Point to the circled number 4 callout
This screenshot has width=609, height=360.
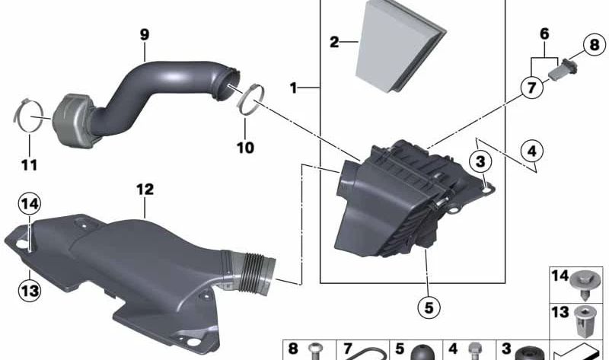(531, 151)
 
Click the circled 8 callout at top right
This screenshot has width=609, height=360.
(595, 45)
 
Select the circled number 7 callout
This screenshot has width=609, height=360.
(531, 88)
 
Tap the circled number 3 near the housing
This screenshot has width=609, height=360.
(480, 161)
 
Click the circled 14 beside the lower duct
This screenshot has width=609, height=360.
(30, 203)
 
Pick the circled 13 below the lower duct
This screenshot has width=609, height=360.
(30, 290)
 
